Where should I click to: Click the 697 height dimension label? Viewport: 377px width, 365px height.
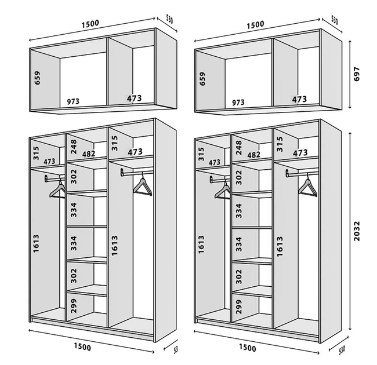click(357, 74)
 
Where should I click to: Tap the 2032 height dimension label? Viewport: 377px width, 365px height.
click(357, 231)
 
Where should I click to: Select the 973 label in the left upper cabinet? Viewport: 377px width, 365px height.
click(73, 101)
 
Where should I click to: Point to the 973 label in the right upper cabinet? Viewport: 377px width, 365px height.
click(238, 103)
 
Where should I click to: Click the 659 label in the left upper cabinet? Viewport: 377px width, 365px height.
click(37, 78)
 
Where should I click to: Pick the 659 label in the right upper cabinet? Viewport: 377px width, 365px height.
click(202, 79)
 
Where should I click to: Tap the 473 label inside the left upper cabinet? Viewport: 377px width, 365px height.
click(135, 98)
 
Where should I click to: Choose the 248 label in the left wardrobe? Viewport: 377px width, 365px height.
click(73, 147)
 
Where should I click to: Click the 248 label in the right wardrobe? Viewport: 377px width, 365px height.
click(238, 147)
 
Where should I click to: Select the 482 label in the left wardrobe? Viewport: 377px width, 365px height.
click(89, 154)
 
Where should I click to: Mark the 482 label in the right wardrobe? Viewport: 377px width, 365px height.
click(254, 155)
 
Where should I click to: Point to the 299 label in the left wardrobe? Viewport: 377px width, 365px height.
click(74, 306)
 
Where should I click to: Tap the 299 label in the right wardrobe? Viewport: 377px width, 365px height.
click(239, 306)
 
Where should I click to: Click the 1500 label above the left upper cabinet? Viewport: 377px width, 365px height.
click(90, 24)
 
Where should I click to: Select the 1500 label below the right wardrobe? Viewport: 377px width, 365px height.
click(248, 348)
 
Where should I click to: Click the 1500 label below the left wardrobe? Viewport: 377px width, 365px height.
click(82, 346)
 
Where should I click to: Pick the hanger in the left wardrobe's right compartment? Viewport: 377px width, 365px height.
click(143, 185)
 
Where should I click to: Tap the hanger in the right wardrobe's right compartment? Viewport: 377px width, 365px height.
click(308, 187)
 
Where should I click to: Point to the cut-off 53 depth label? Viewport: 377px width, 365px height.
click(176, 349)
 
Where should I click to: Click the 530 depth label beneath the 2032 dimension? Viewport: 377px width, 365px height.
click(342, 350)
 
